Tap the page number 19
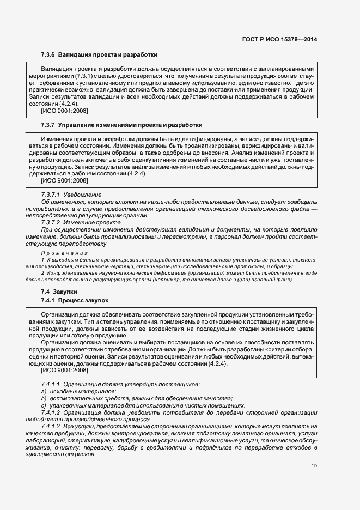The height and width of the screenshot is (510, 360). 314,465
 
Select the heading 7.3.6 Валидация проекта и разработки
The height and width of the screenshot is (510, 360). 99,55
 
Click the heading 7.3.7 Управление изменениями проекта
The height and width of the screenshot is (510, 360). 121,125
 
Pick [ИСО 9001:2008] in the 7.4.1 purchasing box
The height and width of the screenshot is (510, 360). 64,371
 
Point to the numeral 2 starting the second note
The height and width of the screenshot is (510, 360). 43,272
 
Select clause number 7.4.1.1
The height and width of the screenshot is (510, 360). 50,385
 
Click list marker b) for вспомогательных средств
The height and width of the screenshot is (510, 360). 43,399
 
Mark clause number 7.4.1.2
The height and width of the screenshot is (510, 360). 50,413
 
